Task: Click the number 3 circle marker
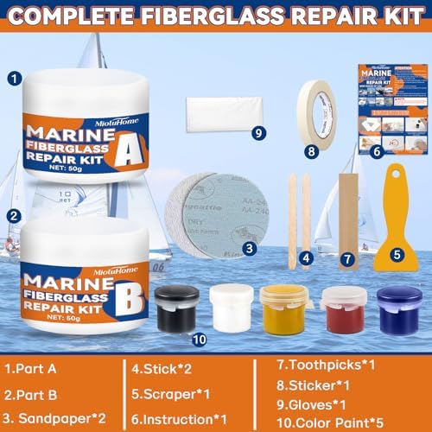pos(249,248)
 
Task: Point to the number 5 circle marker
pos(398,255)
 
